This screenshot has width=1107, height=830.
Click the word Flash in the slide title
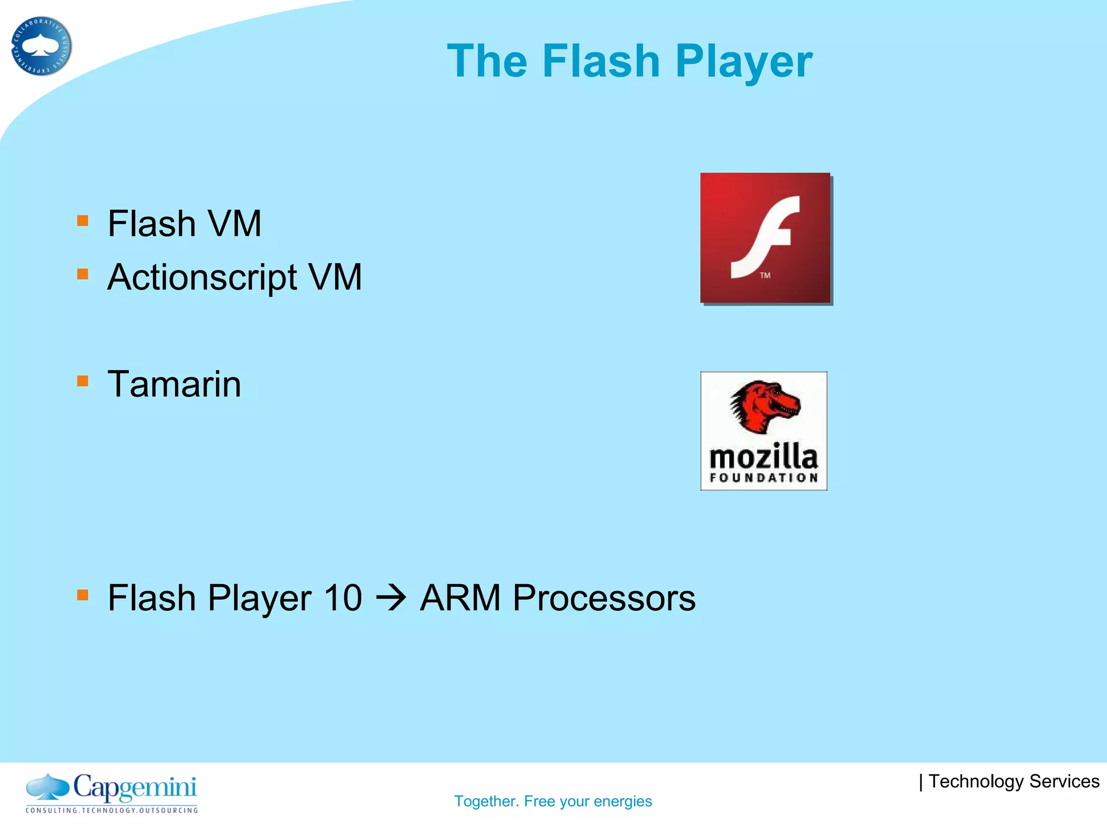tap(601, 61)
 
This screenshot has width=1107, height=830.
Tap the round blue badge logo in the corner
tap(41, 46)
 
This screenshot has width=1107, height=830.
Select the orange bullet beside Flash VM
tap(83, 220)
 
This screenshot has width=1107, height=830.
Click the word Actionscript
tap(202, 278)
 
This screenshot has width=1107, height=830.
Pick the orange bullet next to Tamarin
tap(83, 381)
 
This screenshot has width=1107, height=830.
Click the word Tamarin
tap(174, 384)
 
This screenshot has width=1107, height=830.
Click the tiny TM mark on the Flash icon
tap(765, 276)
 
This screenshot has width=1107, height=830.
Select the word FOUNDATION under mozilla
tap(763, 478)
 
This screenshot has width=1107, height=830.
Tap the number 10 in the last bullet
tap(342, 598)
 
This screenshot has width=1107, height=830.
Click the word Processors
tap(604, 598)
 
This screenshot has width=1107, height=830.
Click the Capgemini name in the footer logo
tap(135, 788)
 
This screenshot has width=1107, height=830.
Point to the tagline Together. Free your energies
tap(553, 801)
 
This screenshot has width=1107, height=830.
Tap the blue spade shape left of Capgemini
tap(48, 787)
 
